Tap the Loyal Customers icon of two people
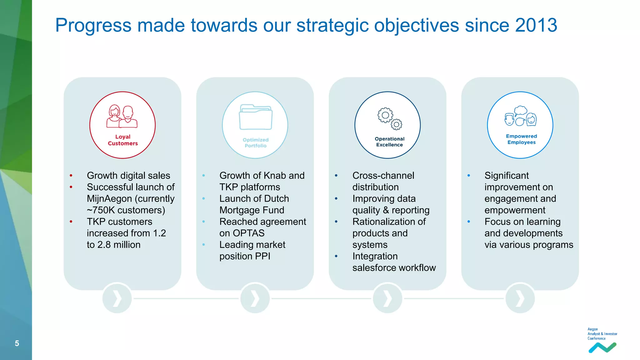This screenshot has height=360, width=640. [x=122, y=117]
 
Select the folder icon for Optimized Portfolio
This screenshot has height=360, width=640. [x=256, y=117]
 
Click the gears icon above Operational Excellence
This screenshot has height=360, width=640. [x=389, y=119]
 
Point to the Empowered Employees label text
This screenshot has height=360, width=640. [x=521, y=139]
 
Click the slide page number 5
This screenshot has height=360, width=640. [x=17, y=343]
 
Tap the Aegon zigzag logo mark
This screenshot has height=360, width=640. [x=602, y=347]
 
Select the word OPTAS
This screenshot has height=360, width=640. [x=248, y=233]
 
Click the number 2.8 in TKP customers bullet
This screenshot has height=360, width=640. [x=104, y=245]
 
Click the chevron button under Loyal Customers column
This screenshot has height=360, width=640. [x=117, y=298]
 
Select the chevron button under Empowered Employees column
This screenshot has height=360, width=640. [x=520, y=298]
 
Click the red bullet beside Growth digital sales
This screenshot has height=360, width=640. [x=71, y=176]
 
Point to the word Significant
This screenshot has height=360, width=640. [x=507, y=176]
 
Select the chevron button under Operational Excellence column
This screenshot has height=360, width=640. [x=387, y=298]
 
